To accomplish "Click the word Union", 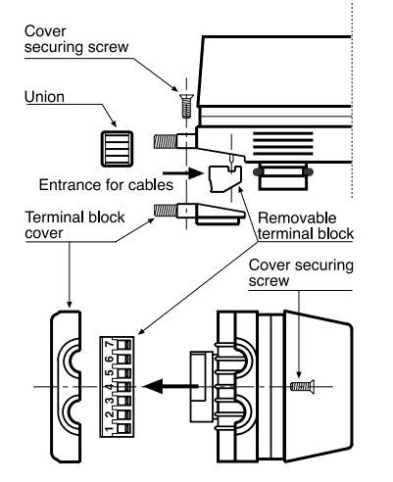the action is (44, 97).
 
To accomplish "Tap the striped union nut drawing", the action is (117, 149).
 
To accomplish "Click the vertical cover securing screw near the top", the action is (187, 106).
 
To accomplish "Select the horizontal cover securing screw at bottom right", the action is (302, 387).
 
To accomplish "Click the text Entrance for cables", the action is (106, 185).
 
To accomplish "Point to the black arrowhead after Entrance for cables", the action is (196, 172).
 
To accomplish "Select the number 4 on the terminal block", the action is (110, 386).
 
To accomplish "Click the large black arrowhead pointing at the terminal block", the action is (154, 386).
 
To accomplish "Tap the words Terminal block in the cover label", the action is (74, 217).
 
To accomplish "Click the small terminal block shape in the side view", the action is (224, 178).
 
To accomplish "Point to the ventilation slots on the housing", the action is (283, 143).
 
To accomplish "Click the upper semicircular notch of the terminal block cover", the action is (70, 358).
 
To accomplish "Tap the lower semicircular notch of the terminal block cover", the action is (70, 415).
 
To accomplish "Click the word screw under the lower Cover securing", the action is (269, 280).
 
